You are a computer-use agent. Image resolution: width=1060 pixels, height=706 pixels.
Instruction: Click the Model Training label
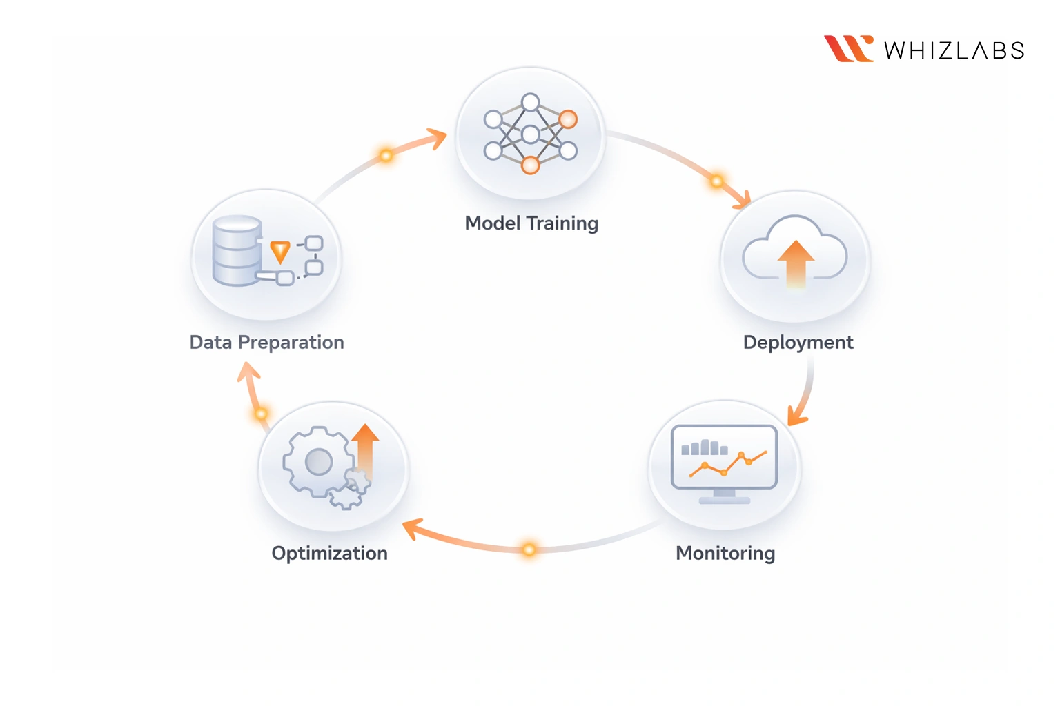click(531, 223)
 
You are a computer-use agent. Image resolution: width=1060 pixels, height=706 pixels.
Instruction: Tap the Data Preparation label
click(266, 343)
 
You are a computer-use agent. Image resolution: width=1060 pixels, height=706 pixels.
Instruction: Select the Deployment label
click(798, 343)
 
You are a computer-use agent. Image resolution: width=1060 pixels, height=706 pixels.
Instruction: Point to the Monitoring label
click(725, 553)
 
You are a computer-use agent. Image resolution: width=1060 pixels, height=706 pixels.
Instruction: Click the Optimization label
click(329, 553)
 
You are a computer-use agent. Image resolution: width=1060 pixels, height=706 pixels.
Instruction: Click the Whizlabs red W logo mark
click(848, 49)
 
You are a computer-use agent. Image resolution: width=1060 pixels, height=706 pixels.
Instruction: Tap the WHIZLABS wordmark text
click(954, 50)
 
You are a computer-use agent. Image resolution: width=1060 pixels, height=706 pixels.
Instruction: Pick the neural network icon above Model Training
click(530, 134)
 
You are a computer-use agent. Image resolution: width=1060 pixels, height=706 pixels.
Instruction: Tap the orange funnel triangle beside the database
click(279, 252)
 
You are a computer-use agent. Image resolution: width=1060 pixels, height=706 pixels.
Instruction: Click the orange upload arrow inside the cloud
click(796, 262)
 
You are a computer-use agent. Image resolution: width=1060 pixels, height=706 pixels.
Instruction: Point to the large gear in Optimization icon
click(317, 462)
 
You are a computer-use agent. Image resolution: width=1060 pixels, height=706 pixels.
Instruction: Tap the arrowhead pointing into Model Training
click(438, 138)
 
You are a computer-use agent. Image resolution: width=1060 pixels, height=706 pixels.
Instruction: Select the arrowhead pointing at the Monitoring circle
click(797, 416)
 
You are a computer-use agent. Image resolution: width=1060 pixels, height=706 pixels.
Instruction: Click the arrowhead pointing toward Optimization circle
click(411, 529)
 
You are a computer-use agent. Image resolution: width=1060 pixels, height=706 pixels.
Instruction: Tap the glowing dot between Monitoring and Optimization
click(529, 549)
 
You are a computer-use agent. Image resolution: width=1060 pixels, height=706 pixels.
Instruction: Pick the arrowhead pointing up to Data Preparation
click(248, 372)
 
